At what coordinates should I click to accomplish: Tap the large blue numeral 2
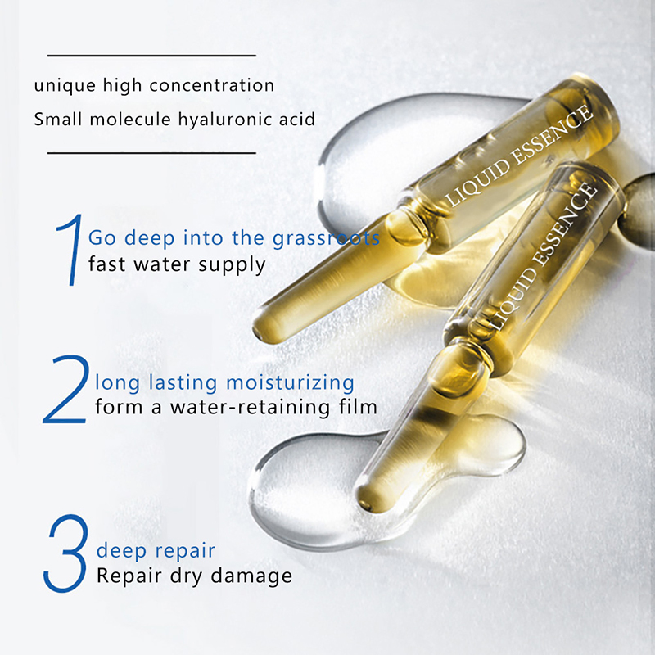(67, 390)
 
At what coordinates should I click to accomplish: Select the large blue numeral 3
(66, 553)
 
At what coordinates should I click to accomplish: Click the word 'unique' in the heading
(65, 86)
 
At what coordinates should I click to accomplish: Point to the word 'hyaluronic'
(226, 120)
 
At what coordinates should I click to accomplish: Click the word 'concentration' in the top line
(212, 86)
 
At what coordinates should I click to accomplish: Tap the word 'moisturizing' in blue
(290, 383)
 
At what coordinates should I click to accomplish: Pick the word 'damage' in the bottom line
(251, 576)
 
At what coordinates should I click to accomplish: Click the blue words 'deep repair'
(156, 551)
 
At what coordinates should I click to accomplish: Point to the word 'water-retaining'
(250, 407)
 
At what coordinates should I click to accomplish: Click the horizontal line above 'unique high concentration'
(151, 55)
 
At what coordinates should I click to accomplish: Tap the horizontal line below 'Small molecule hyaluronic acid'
(151, 153)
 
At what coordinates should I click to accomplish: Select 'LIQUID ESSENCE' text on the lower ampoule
(542, 256)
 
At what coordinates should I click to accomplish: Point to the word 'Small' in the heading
(58, 120)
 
